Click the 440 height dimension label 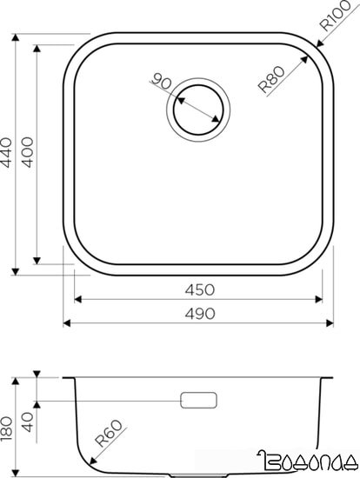click(x=10, y=155)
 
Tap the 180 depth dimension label click(x=10, y=427)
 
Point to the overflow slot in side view click(x=200, y=400)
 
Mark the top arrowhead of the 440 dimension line click(x=19, y=38)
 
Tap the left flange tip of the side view click(x=63, y=378)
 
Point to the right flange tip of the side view click(x=336, y=378)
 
